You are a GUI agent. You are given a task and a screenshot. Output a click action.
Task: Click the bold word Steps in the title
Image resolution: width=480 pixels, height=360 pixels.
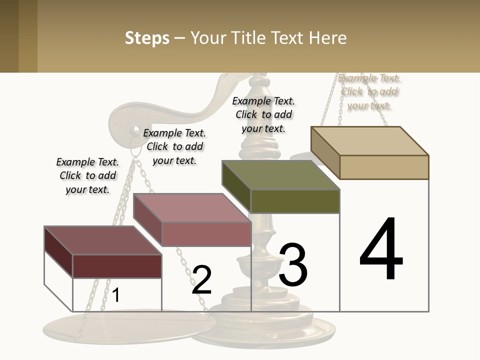[x=147, y=38]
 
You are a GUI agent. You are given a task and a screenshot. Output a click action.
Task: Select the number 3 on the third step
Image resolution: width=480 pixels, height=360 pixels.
[x=293, y=265]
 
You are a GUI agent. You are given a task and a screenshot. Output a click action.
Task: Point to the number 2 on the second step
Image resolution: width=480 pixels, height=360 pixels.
[x=201, y=280]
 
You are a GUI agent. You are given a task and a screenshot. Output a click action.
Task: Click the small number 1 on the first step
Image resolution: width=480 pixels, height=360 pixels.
[x=116, y=295]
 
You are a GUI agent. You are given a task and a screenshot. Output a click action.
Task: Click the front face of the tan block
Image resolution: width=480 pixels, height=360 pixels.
[x=384, y=167]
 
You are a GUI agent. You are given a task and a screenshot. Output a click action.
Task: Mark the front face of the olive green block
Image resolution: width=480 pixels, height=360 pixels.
[x=295, y=201]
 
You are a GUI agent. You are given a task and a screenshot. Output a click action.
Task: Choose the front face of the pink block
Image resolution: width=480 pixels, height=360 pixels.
[x=206, y=234]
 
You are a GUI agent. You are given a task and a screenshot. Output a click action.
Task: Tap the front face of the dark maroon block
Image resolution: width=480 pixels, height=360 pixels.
[x=117, y=266]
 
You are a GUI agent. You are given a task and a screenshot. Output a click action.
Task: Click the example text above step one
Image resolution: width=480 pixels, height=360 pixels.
[x=87, y=175]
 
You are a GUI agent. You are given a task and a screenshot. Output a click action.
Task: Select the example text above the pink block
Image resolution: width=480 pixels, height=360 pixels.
[x=174, y=146]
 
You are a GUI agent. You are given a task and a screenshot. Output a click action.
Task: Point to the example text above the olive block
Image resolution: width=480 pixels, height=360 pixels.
[x=263, y=114]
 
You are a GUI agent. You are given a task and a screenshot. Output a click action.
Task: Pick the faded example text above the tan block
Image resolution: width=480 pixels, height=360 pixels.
[x=369, y=91]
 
